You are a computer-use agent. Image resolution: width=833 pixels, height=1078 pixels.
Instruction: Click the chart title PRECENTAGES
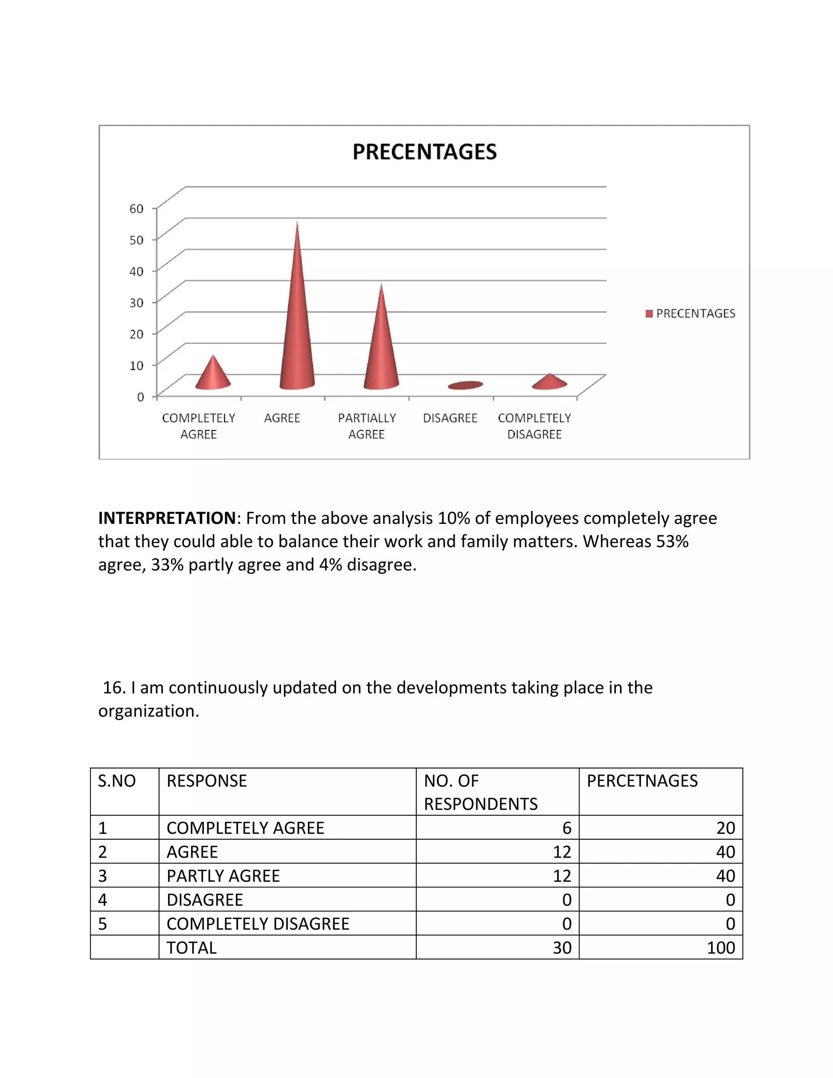pos(424,152)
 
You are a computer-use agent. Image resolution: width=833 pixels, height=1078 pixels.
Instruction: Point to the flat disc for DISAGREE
pos(465,385)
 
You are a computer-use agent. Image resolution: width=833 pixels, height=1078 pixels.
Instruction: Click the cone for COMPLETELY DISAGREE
pos(549,382)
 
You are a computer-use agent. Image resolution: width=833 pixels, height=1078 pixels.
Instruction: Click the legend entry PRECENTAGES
pos(695,313)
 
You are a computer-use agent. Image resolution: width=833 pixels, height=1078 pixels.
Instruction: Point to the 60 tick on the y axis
pos(137,209)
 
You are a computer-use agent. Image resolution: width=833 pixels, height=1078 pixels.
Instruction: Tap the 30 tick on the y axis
pos(137,303)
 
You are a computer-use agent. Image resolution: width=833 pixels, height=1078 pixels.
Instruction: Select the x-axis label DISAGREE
pos(450,418)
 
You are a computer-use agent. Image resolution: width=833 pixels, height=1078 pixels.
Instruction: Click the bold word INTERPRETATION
pos(167,518)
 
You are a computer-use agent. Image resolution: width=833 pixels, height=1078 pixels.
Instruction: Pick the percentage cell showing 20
pos(726,828)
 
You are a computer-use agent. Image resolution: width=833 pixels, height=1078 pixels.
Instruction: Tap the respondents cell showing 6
pos(567,828)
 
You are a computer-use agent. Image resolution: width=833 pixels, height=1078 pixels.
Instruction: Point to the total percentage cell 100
pos(720,948)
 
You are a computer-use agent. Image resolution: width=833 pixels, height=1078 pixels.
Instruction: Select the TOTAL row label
pos(192,948)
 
